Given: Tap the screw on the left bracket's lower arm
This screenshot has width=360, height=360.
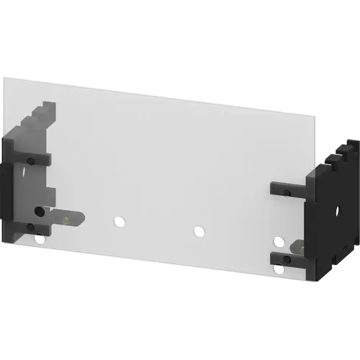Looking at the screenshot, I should click(x=33, y=228).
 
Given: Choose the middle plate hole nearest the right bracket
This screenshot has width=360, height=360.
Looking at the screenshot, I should click(x=198, y=232).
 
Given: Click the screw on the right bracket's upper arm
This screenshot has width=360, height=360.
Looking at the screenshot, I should click(x=287, y=192).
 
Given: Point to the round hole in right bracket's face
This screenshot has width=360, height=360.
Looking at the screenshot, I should click(x=336, y=213).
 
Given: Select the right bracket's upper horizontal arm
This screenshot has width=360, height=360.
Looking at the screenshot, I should click(x=289, y=189).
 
